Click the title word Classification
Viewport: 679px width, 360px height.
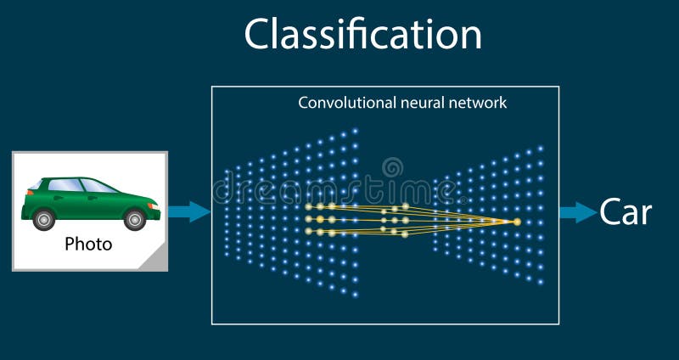(x=362, y=35)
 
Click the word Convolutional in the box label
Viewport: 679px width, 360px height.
(x=337, y=103)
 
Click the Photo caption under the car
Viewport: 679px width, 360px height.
(x=88, y=245)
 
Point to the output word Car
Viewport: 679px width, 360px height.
(x=626, y=212)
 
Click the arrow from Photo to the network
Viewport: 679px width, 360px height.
(x=188, y=211)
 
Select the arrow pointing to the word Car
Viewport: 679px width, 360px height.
(x=577, y=212)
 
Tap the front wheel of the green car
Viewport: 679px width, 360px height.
(x=134, y=219)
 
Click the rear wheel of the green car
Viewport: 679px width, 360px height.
(x=44, y=219)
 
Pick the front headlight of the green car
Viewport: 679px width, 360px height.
(x=152, y=202)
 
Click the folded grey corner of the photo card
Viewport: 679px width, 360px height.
(x=158, y=261)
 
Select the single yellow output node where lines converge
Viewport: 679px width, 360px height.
(x=516, y=222)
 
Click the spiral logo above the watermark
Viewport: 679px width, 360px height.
(x=392, y=167)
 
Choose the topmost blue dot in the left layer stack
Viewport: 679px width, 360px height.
(x=355, y=131)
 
